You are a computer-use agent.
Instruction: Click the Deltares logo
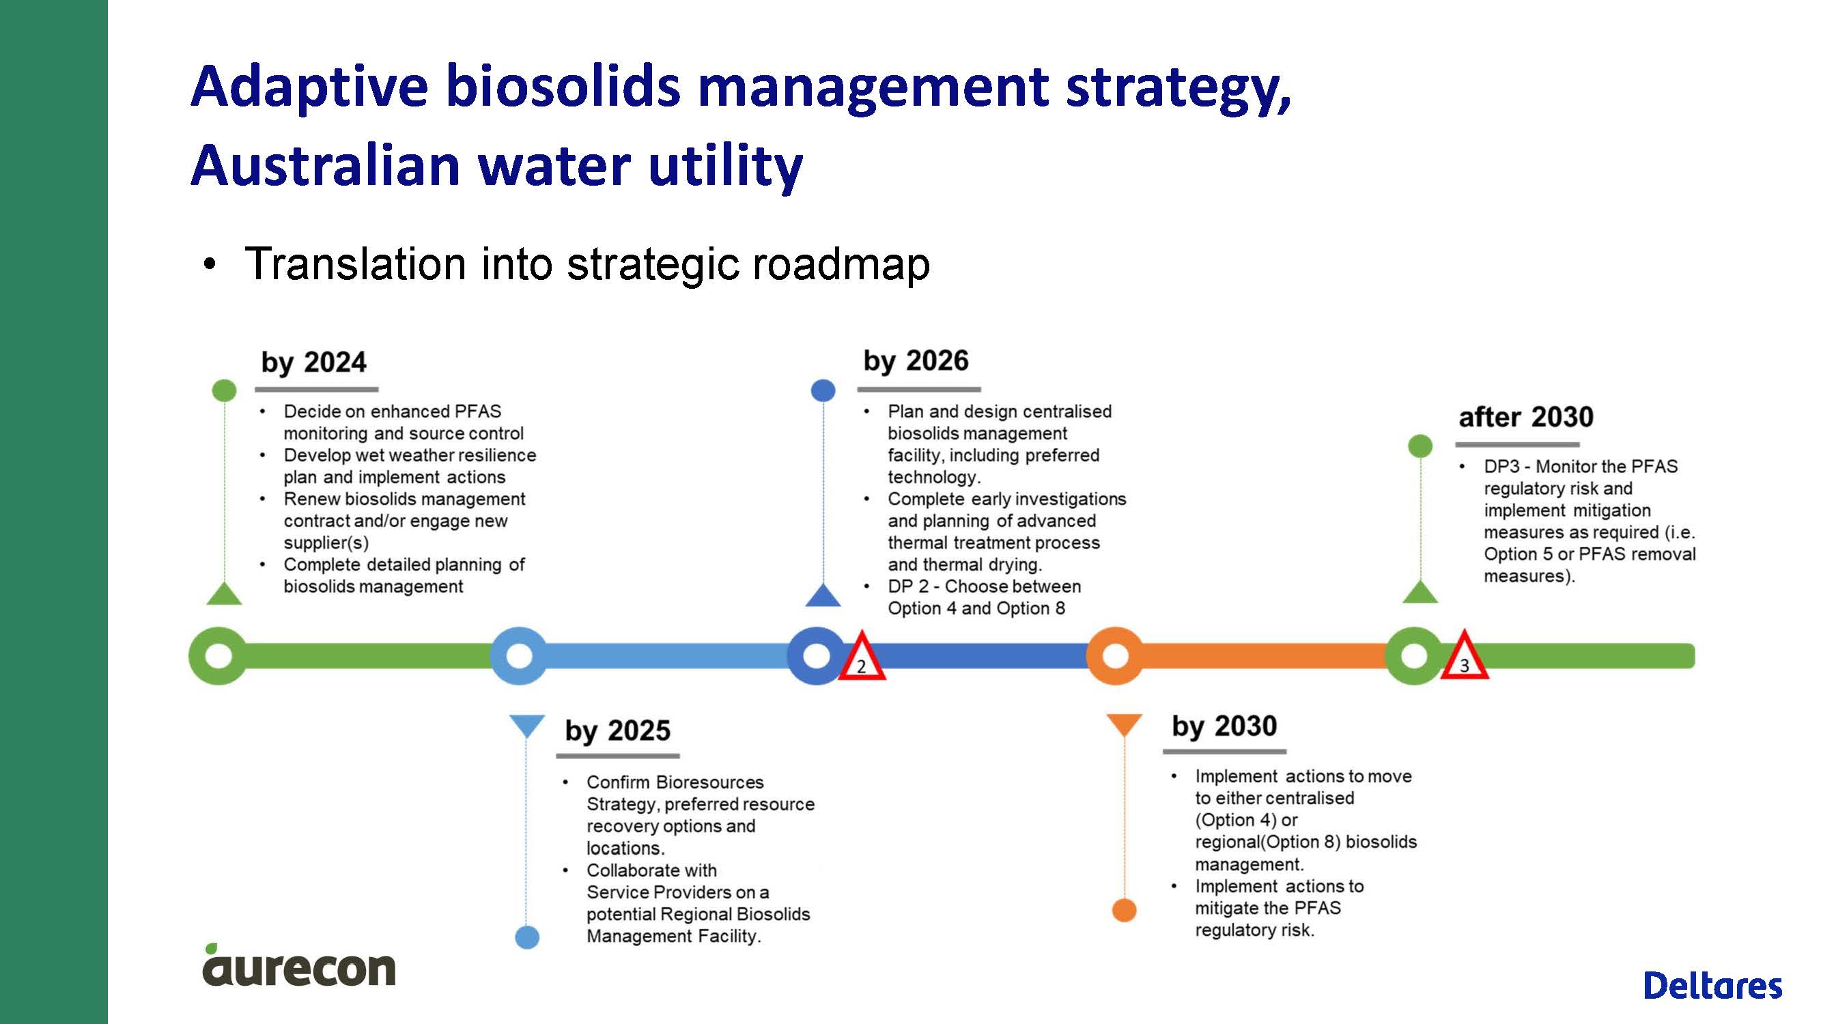point(1713,985)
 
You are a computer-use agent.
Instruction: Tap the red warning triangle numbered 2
point(862,657)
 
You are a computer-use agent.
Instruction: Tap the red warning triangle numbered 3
point(1465,656)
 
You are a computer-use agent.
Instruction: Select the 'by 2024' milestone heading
point(314,362)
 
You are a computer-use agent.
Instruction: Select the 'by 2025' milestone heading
point(617,730)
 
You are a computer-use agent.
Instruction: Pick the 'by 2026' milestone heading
point(916,361)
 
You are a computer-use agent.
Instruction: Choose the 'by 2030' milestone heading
point(1224,726)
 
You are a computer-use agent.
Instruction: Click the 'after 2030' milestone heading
point(1526,417)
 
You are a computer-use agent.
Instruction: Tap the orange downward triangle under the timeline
point(1124,724)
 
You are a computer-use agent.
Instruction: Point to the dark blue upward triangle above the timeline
point(823,597)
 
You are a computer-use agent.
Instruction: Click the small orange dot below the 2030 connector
point(1124,910)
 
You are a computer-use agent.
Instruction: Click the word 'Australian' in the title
point(326,165)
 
